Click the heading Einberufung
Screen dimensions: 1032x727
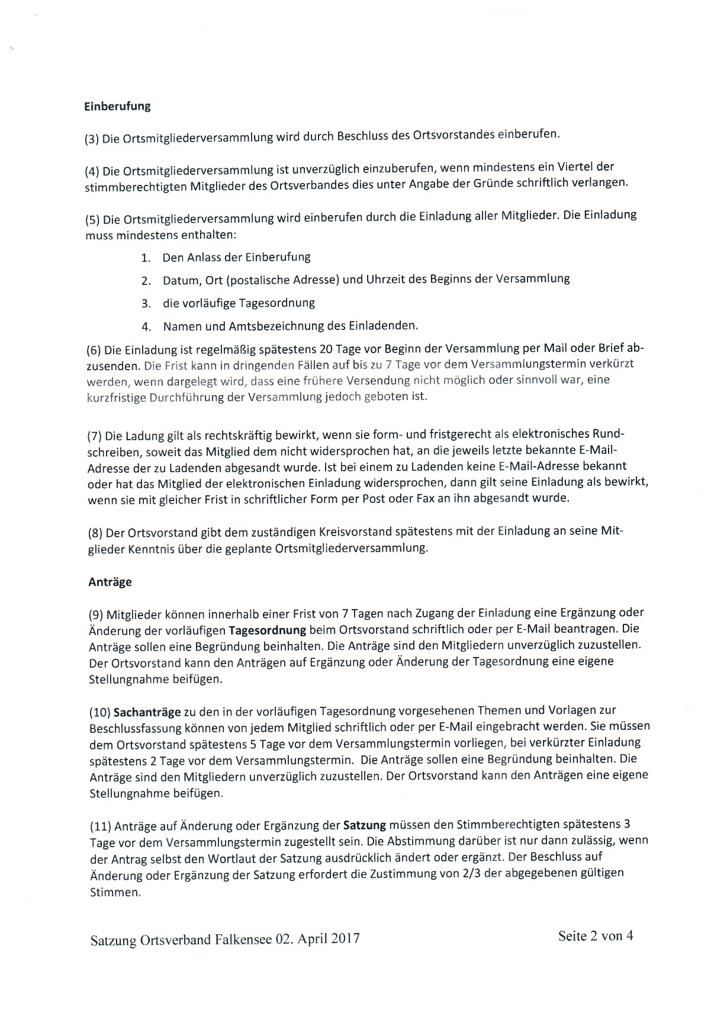(117, 107)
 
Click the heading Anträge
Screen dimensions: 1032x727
(110, 582)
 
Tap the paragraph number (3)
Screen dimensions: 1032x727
(92, 140)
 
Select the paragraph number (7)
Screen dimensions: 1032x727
(95, 437)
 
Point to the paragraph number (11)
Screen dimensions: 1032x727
(100, 826)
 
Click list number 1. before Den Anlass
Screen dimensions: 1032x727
(146, 258)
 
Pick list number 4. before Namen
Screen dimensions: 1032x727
(147, 326)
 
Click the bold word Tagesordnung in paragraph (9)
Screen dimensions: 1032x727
(267, 629)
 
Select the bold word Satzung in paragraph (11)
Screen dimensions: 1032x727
(365, 825)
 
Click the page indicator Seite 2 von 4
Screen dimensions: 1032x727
(596, 936)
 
